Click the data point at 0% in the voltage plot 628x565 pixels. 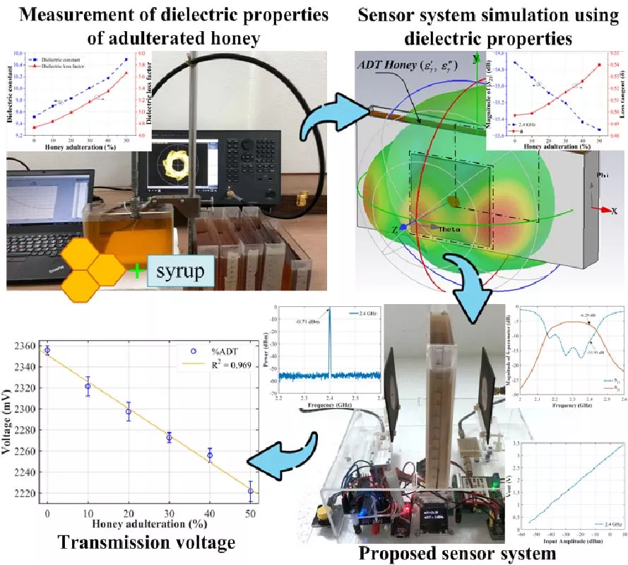[47, 350]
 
